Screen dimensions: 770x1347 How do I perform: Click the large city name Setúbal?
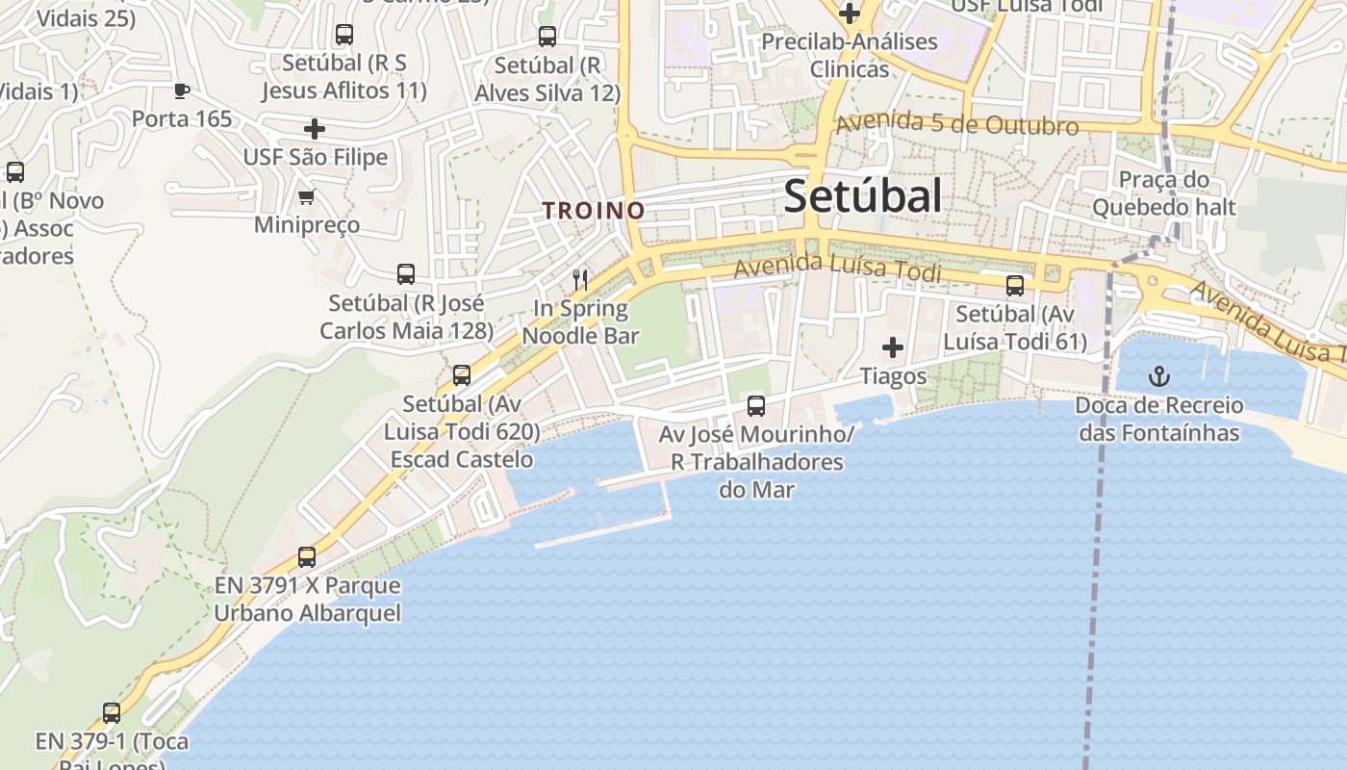[862, 196]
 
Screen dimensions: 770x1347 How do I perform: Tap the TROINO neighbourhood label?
[593, 210]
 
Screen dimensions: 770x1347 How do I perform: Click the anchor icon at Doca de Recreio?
[1159, 375]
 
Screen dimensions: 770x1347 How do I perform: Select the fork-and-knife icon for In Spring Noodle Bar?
[580, 280]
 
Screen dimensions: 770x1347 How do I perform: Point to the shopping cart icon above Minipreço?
[307, 197]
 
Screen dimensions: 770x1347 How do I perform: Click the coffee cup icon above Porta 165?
[181, 91]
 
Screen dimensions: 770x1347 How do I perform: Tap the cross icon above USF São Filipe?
[315, 129]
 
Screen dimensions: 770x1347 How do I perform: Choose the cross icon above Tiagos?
[893, 347]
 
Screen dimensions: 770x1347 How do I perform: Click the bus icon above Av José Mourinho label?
[756, 405]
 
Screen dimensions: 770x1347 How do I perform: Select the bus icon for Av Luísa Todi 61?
[1015, 286]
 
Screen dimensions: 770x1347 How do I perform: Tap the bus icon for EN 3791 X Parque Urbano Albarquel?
[307, 556]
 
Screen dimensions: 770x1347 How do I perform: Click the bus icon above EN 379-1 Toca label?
[112, 713]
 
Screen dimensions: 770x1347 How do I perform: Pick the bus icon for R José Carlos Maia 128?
[406, 274]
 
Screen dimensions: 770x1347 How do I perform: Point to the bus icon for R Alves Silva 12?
[547, 37]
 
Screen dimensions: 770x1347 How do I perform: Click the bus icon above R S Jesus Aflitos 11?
[344, 35]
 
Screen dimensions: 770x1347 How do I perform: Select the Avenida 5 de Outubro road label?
[956, 125]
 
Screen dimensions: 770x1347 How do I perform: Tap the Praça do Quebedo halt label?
[1164, 193]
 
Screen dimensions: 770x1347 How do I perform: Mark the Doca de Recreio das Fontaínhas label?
[1159, 419]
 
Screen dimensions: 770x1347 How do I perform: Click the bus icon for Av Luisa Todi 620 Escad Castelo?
[462, 375]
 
